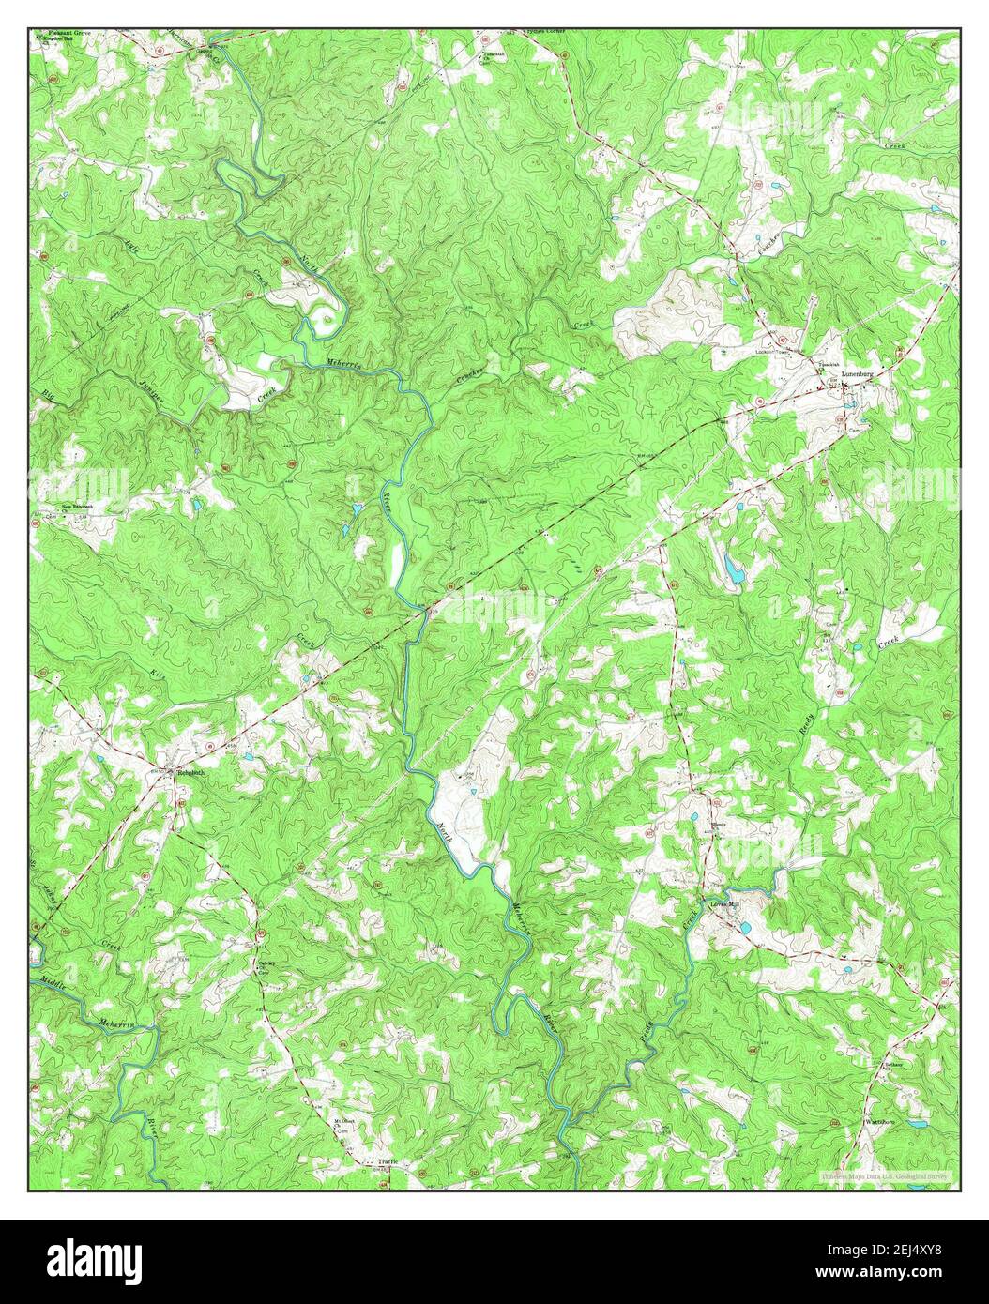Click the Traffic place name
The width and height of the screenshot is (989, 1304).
tap(388, 1162)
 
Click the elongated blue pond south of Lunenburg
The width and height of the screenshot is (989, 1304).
tap(730, 567)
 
